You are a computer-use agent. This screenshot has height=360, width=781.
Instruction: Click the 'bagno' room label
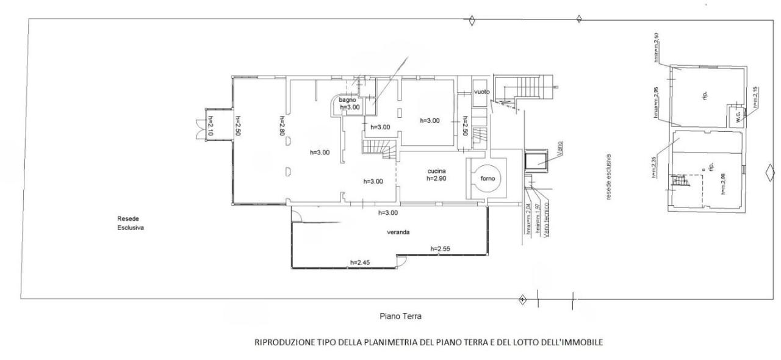tap(347, 99)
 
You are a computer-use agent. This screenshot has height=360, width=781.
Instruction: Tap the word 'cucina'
tap(436, 171)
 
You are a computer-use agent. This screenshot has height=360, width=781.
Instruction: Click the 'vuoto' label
tap(482, 92)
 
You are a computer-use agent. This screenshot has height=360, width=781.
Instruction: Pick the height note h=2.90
tap(437, 179)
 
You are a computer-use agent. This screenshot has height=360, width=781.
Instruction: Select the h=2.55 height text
tap(441, 248)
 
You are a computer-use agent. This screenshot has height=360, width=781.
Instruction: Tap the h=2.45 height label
tap(360, 263)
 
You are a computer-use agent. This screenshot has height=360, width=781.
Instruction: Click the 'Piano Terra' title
tap(400, 317)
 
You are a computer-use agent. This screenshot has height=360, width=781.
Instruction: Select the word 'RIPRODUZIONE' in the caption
tap(282, 342)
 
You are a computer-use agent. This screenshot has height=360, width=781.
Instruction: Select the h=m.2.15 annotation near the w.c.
tap(755, 98)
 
